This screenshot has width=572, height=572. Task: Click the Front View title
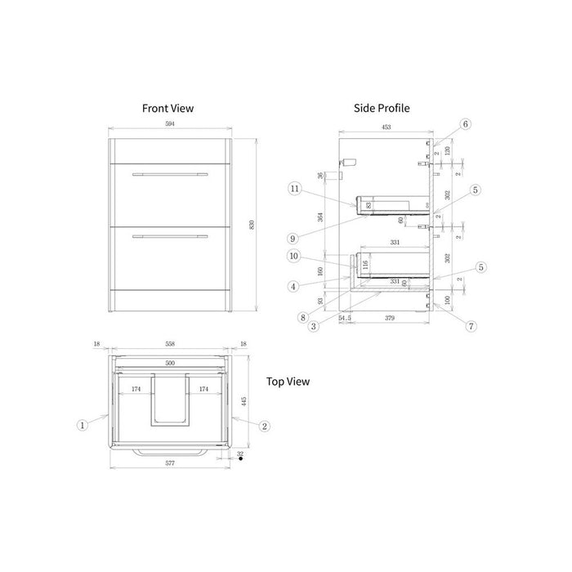coord(168,108)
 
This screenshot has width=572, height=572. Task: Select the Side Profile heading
coord(382,108)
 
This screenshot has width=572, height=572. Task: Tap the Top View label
coord(288,381)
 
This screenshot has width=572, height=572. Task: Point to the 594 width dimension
coord(170,124)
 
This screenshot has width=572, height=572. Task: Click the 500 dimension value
coord(170,362)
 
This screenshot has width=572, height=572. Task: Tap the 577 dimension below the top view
coord(170,463)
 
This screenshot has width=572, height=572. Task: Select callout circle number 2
coord(264,426)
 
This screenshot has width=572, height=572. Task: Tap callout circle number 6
coord(465,124)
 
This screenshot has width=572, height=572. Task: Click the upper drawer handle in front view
coord(170,174)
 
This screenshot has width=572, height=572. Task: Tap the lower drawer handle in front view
coord(170,237)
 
